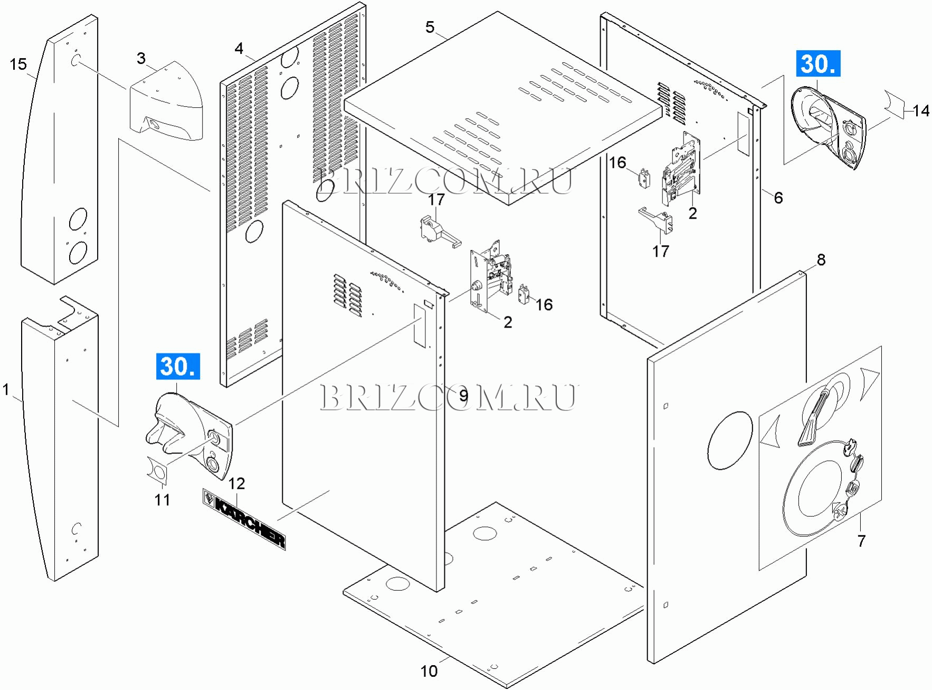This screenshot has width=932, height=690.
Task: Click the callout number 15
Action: coord(18,64)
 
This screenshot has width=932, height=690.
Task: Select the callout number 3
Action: coord(141,58)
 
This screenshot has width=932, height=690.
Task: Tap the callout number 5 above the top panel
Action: coord(430,27)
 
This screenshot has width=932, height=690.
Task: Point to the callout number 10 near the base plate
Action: coord(429,671)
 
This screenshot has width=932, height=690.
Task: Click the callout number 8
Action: coord(821,259)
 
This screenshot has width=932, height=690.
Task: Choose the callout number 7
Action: coord(861,540)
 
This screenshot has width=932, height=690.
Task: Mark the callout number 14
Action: coord(921,110)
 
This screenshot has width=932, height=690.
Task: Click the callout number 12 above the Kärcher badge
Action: coord(236,483)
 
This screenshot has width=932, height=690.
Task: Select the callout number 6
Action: coord(778,198)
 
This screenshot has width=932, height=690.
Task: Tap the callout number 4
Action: coord(239,49)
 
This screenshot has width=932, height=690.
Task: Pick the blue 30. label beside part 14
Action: coord(817,64)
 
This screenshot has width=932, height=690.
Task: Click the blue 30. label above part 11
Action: coord(178,366)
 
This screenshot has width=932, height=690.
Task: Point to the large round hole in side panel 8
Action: coord(730,440)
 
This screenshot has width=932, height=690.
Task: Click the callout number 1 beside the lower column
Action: coord(6,390)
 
